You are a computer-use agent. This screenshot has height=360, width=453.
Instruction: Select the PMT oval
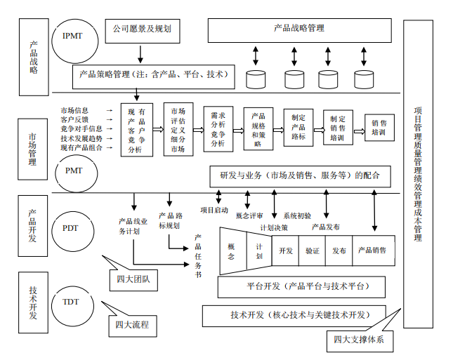coord(73,170)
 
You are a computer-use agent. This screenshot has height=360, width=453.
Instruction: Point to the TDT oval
coord(71,302)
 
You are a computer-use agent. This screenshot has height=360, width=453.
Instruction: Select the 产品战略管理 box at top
coord(299,29)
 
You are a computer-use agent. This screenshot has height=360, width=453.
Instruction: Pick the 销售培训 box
coord(379,129)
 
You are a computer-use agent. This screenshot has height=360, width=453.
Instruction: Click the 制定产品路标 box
coord(298,128)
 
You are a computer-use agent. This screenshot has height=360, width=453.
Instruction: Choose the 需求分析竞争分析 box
coord(218,128)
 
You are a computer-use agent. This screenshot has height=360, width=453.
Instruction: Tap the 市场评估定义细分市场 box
coord(178,130)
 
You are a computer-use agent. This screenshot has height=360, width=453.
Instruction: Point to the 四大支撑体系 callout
coord(363,340)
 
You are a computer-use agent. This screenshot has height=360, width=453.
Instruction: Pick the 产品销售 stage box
coord(373,251)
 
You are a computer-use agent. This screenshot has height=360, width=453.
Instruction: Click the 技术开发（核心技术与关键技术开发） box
coord(298,314)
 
